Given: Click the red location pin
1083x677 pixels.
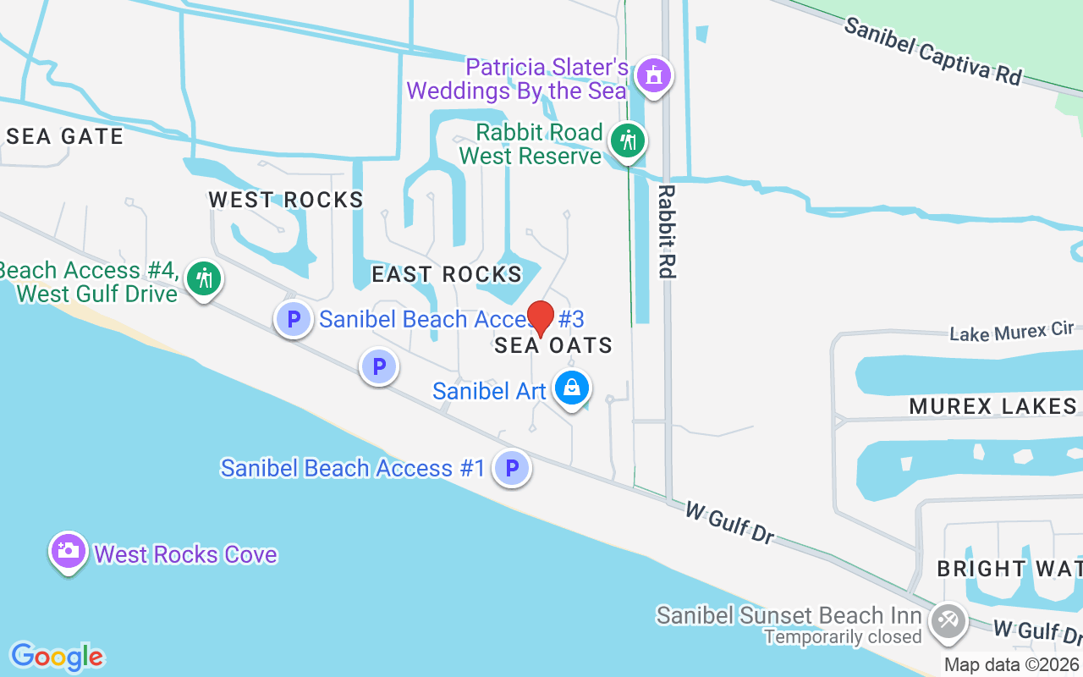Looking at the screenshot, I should click(x=540, y=318).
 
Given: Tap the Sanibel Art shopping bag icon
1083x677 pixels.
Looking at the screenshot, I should click(x=572, y=388).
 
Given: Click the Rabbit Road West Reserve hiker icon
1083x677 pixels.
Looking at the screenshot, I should click(x=627, y=140).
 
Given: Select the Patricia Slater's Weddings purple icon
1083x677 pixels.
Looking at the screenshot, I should click(x=653, y=76).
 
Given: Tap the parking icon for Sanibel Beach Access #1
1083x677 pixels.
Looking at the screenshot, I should click(x=512, y=467).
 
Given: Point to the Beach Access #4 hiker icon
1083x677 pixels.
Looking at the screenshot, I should click(x=203, y=278).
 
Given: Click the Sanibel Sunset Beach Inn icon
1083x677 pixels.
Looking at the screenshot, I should click(x=947, y=620).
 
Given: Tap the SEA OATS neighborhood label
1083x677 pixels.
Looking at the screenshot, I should click(x=553, y=345).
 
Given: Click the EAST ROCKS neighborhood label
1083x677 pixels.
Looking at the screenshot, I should click(x=447, y=274).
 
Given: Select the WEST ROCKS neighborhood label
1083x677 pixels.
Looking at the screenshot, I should click(x=286, y=200).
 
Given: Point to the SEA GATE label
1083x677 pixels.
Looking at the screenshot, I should click(x=65, y=136).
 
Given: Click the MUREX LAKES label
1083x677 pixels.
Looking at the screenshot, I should click(x=992, y=406).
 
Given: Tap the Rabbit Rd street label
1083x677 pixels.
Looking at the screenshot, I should click(x=667, y=231).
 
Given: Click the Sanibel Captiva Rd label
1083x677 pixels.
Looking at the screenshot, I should click(x=932, y=52).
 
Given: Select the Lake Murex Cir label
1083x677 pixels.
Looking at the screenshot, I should click(x=1011, y=333).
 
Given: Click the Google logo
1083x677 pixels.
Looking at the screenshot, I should click(x=57, y=657).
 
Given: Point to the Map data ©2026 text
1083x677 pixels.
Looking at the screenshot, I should click(x=1012, y=665).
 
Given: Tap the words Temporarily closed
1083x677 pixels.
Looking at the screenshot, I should click(x=842, y=636).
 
